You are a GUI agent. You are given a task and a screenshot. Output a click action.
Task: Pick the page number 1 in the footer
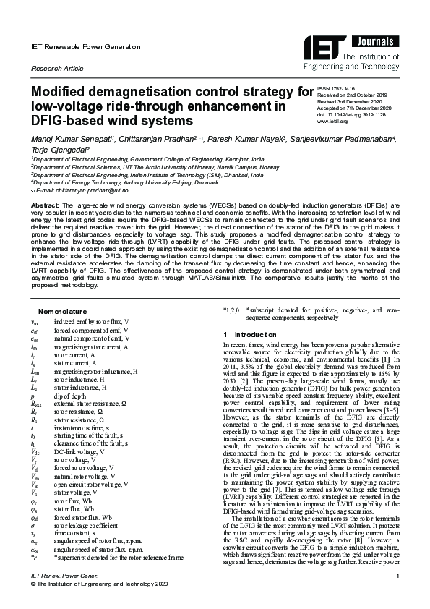point(398,576)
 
